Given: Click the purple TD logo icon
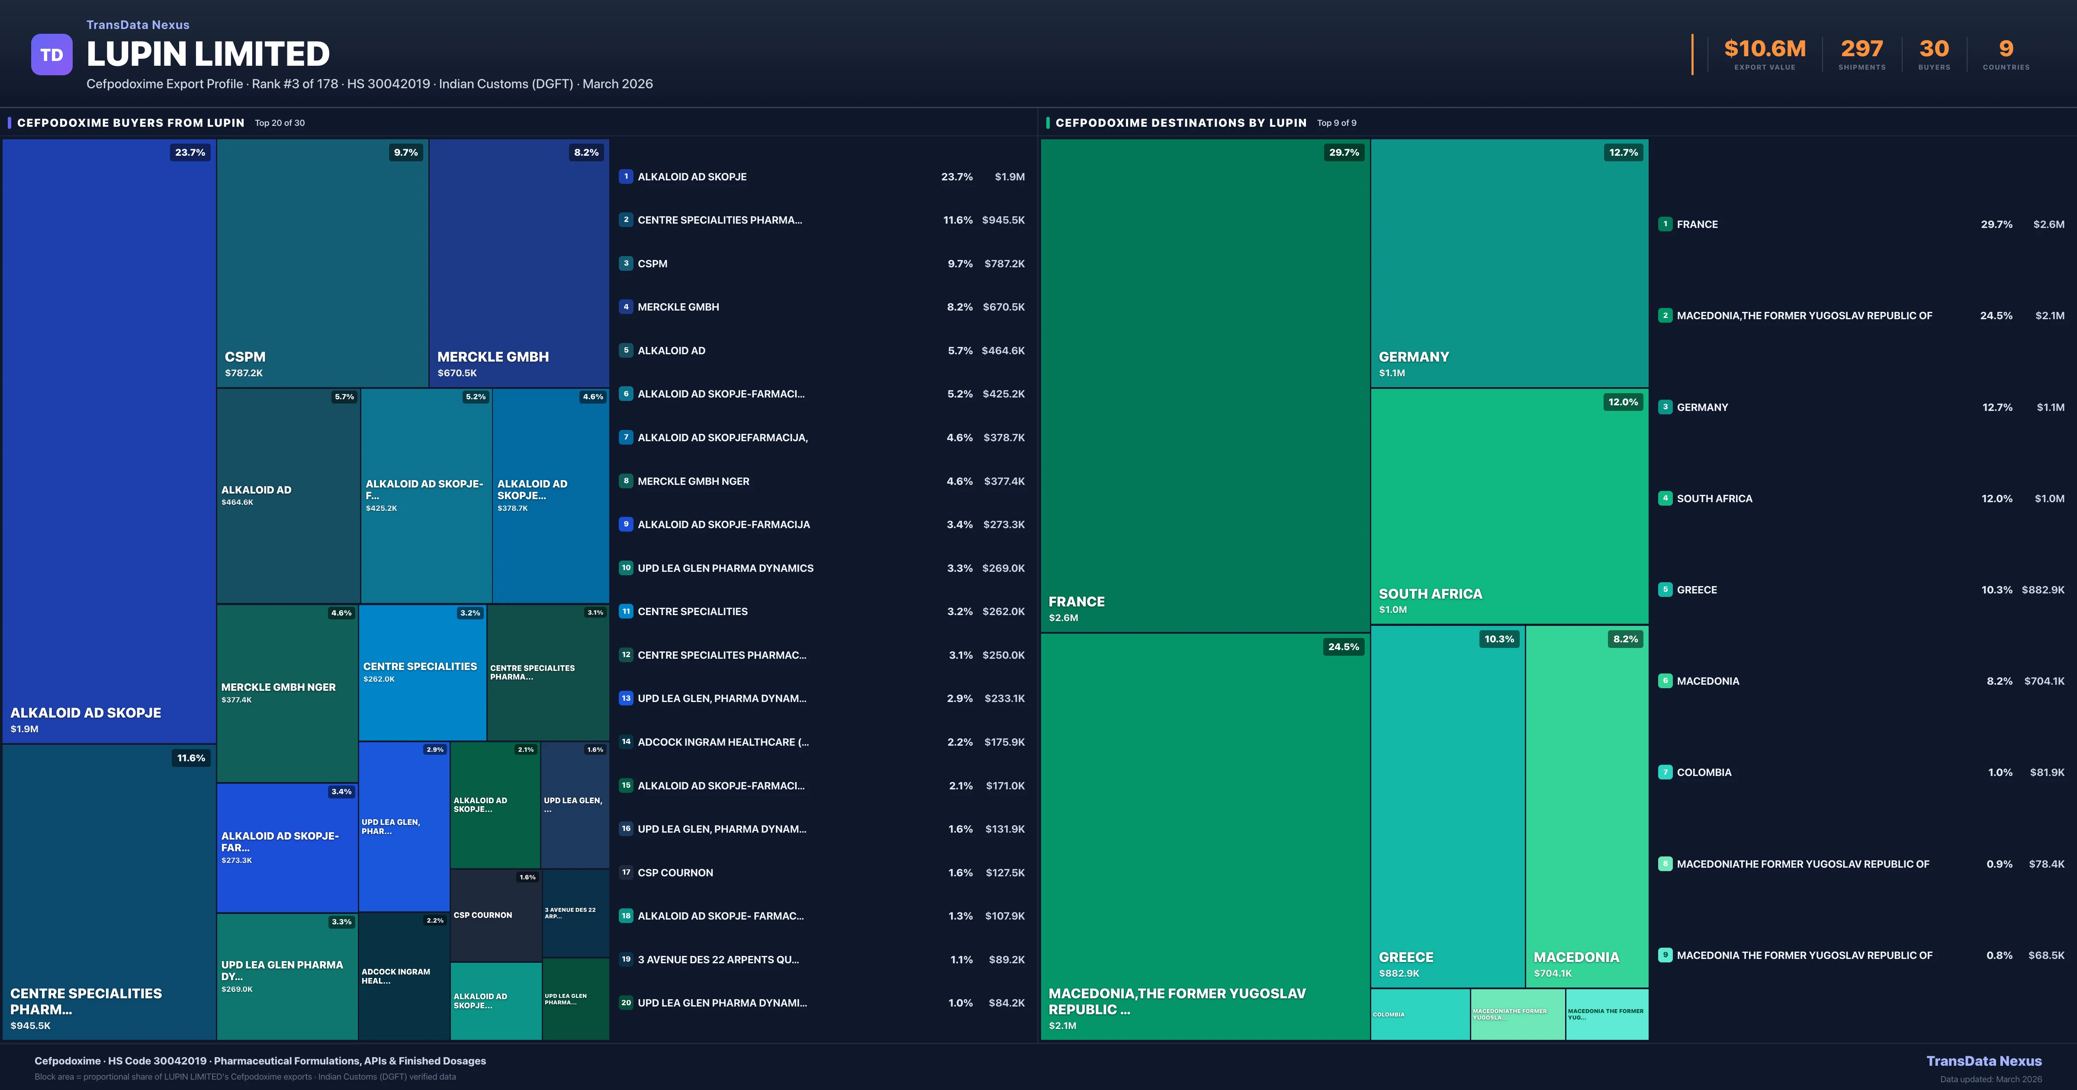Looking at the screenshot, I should (51, 55).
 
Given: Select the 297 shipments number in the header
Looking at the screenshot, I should (1861, 49).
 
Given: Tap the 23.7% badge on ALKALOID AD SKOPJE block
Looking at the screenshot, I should (190, 152).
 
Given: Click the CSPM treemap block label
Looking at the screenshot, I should (245, 356).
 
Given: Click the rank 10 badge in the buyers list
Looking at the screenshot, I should (626, 567).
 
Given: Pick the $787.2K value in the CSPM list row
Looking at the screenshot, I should (1004, 263).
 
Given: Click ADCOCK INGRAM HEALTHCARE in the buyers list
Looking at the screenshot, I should (723, 742).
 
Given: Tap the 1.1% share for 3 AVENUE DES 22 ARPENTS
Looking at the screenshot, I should (961, 959).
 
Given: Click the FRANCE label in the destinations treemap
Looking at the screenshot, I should (1077, 601).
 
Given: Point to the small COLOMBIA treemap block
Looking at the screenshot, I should (1419, 1014).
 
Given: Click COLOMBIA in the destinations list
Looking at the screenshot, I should (1704, 773).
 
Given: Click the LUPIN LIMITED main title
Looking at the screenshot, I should (208, 54).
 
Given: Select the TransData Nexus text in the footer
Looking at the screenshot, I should (1984, 1061).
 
